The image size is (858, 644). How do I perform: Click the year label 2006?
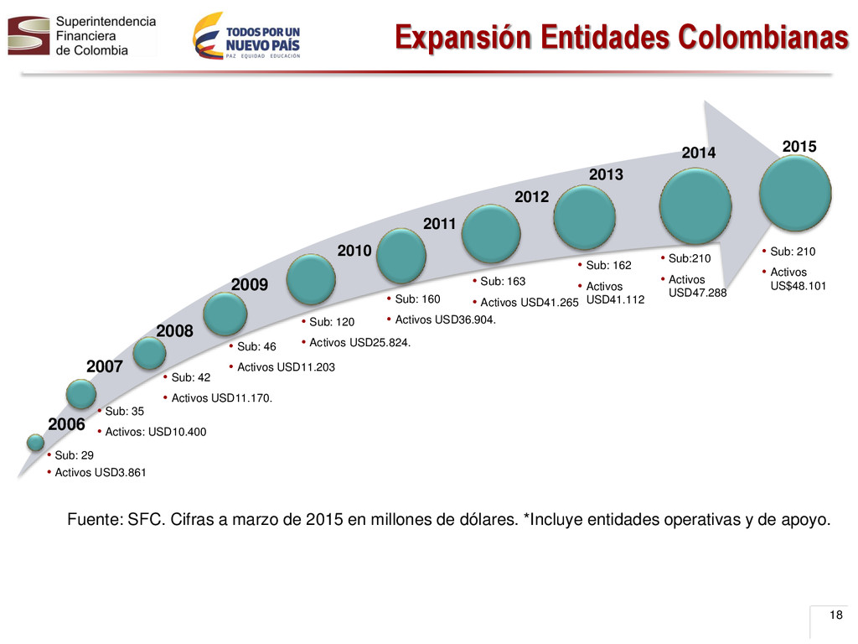click(66, 424)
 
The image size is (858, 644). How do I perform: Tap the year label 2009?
click(250, 285)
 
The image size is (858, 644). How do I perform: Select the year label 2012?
click(531, 196)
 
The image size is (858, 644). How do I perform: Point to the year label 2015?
click(799, 147)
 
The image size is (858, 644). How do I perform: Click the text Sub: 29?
click(74, 455)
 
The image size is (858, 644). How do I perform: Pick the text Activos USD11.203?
click(286, 367)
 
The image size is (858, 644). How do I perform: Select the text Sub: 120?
click(332, 322)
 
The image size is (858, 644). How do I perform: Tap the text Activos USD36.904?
click(446, 319)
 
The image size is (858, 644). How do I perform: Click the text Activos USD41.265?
click(530, 302)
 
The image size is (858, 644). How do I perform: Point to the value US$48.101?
click(798, 286)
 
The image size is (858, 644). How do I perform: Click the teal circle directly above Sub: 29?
click(35, 442)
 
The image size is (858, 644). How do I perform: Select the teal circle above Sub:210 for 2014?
click(695, 206)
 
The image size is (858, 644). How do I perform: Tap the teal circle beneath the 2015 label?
click(795, 193)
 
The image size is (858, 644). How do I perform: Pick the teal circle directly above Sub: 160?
click(401, 256)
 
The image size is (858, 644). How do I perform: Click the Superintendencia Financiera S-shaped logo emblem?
click(28, 35)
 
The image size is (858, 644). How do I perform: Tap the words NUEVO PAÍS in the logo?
click(262, 45)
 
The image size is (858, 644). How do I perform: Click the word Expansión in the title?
click(463, 37)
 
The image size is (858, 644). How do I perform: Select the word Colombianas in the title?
click(763, 37)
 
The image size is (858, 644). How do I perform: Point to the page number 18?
click(835, 615)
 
